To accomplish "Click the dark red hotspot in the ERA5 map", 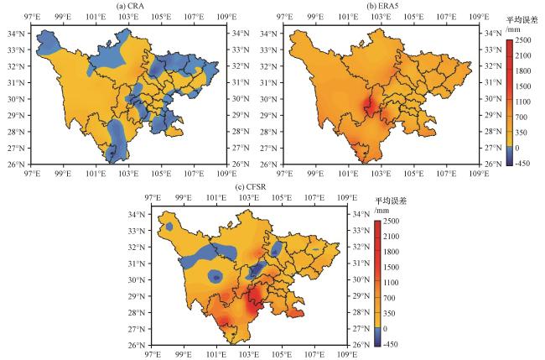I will click(x=367, y=106).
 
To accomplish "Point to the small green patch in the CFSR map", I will click(x=315, y=249).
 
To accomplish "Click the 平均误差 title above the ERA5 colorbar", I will click(x=522, y=20).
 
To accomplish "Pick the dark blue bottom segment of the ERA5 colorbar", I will click(x=510, y=158).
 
